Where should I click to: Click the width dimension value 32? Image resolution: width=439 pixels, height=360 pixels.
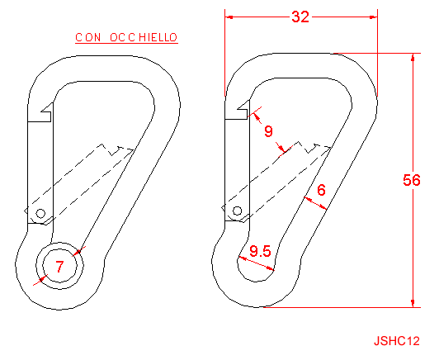click(x=300, y=17)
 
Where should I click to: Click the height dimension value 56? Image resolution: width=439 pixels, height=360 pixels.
click(x=412, y=180)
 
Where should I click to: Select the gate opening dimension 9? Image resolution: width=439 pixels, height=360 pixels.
click(x=268, y=131)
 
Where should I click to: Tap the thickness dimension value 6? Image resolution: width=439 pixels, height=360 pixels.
click(x=322, y=190)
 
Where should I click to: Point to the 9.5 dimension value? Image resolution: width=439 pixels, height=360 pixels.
click(x=260, y=251)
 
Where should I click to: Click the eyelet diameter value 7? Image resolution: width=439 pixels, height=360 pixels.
click(x=59, y=267)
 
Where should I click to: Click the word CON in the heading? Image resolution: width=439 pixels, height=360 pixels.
click(x=88, y=37)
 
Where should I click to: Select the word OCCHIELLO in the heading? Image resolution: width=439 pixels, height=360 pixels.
click(x=144, y=37)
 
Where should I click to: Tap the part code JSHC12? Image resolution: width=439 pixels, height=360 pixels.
click(x=397, y=341)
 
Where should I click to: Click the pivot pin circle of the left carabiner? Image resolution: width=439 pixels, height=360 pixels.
click(x=40, y=214)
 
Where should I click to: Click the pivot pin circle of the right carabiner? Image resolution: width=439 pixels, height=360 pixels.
click(x=238, y=211)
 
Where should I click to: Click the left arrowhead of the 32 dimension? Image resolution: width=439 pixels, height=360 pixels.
click(x=229, y=17)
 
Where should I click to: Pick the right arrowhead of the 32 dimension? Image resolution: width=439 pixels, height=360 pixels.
click(x=374, y=17)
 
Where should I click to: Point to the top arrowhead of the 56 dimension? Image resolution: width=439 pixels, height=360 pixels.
click(x=413, y=57)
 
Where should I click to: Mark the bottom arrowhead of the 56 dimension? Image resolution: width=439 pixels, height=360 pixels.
click(x=413, y=303)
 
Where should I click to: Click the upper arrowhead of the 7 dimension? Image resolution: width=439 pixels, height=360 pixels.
click(x=78, y=253)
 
